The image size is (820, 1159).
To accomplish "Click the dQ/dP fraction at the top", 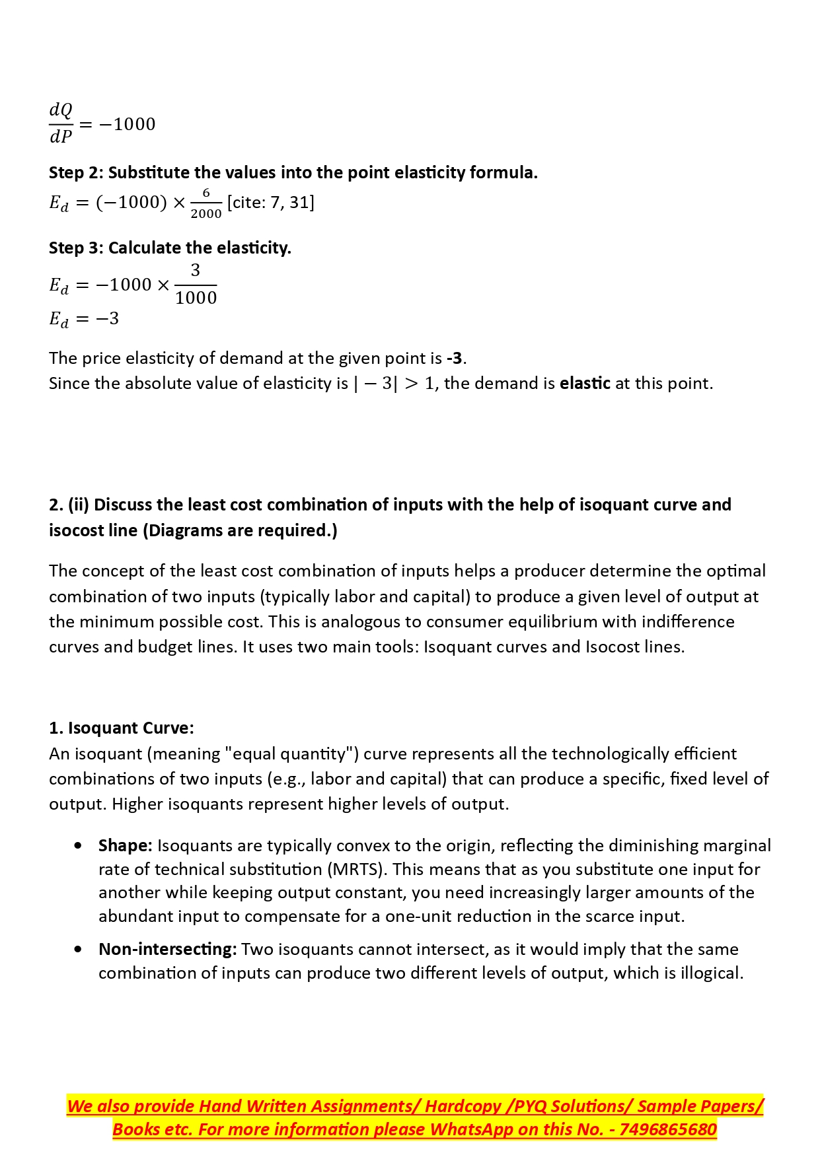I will coord(61,123).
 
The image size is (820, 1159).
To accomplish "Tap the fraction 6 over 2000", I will coord(206,203).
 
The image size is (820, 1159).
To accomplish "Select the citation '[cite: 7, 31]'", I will coord(271,203).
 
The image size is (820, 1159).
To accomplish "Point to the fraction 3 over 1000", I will coord(196,285).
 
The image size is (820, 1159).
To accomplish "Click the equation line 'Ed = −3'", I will coord(84,320).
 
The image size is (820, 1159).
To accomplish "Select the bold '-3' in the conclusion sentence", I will coord(454,359).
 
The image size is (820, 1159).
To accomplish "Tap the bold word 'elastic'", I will coord(585,384).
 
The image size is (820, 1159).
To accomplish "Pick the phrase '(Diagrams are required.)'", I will coord(240,531).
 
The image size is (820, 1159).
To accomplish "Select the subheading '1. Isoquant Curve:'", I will coord(122,728).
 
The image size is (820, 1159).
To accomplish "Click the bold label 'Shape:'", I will coord(126,846).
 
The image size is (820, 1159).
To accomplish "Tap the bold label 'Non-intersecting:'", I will coord(167,950).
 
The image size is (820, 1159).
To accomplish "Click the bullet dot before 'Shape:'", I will coord(79,846).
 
